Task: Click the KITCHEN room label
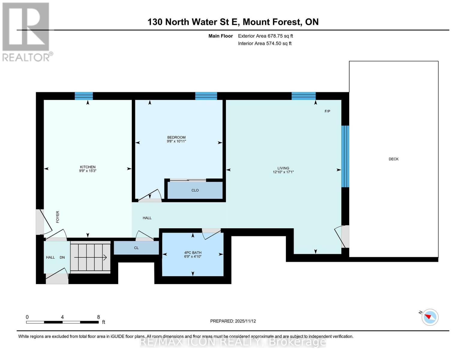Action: pos(88,167)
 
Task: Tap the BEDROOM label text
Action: pos(176,137)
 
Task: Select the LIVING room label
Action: pos(283,168)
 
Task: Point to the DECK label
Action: pos(393,159)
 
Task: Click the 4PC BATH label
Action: pos(193,253)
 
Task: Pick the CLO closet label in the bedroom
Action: pos(195,190)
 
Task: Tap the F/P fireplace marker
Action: pos(327,111)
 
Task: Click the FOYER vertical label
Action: pos(58,217)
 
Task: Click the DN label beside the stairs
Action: pos(62,257)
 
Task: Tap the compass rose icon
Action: pos(430,317)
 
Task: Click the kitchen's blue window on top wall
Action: pos(84,96)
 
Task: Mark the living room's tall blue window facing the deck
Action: pos(345,156)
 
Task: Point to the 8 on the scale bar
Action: pos(98,317)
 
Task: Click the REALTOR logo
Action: pos(26,31)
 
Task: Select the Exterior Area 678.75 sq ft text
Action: pos(265,36)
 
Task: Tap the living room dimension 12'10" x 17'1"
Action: pos(283,172)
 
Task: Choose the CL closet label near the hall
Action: pos(136,248)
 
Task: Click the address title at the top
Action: pos(233,22)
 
